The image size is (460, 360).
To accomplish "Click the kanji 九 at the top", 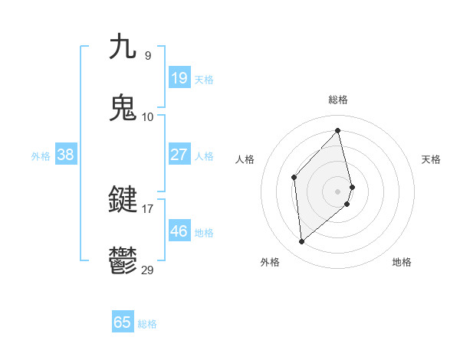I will tap(123, 47).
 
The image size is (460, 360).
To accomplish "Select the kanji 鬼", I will tap(123, 108).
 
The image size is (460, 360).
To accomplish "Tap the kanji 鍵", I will tap(123, 200).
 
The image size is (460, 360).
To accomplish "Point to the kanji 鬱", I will tap(123, 261).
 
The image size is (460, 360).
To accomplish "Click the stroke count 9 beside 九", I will tap(148, 55).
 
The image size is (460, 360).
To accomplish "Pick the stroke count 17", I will tap(148, 208).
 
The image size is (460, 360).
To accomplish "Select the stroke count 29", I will tap(148, 270).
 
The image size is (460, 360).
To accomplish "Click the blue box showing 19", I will tap(179, 78).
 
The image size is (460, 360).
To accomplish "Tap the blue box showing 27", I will tap(179, 155).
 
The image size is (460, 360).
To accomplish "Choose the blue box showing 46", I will tap(179, 231).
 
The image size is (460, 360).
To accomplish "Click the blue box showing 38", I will tap(65, 155).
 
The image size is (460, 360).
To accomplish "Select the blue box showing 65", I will tap(123, 322).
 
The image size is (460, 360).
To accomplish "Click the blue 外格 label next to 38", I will tap(41, 156).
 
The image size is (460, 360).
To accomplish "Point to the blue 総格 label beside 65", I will tap(147, 324).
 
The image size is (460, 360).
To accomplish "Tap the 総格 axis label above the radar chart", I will tap(338, 100).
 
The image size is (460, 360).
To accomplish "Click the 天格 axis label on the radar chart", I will tap(431, 159).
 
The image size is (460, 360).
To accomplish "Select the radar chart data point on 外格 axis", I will tap(302, 241).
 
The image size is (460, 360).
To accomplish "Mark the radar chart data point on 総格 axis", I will tap(338, 131).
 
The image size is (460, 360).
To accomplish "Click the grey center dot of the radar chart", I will tap(338, 190).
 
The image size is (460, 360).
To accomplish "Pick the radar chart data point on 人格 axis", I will tap(294, 178).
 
